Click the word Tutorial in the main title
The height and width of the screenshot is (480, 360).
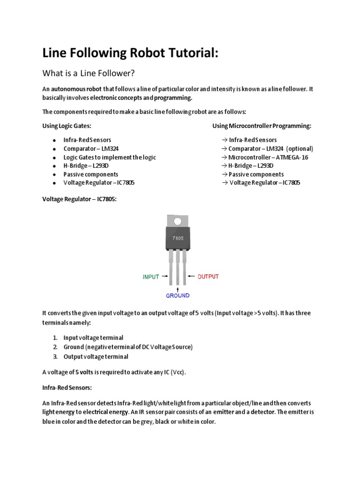[189, 53]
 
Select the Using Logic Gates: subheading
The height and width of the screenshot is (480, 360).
[67, 126]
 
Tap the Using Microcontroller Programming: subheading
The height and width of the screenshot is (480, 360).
[262, 126]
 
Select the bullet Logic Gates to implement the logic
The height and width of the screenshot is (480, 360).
[110, 157]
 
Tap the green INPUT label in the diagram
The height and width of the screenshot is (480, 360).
[151, 277]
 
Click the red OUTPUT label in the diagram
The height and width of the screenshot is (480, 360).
[208, 277]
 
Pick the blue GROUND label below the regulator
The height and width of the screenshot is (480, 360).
[177, 295]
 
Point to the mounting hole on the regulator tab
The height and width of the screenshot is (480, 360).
[178, 221]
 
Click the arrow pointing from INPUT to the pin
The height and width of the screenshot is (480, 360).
[165, 277]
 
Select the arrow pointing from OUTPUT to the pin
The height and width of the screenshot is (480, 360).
[190, 277]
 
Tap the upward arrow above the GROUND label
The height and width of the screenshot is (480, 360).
[177, 287]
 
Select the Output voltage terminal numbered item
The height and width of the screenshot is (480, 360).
[96, 356]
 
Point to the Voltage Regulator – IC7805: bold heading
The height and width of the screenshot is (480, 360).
[79, 199]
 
